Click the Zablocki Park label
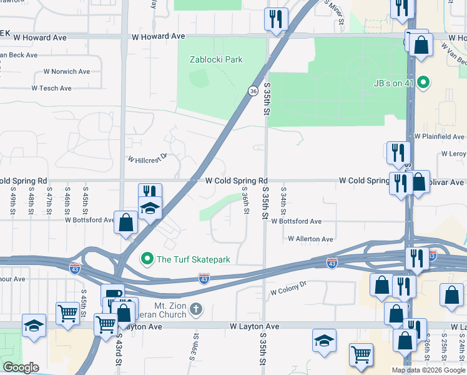216,60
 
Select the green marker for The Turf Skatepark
147,258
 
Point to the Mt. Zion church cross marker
196,308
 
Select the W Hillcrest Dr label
148,159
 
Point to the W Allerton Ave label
310,239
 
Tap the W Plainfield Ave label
440,136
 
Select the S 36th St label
246,202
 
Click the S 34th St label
283,199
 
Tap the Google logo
21,367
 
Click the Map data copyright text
428,370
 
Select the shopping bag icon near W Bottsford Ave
126,222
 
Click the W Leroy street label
453,153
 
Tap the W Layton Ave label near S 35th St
254,326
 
